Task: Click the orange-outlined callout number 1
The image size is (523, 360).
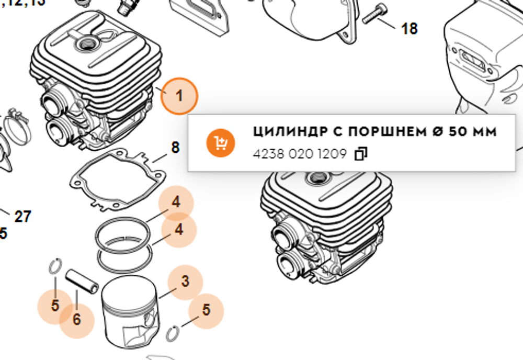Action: (179, 96)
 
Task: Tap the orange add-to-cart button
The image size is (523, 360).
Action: (219, 143)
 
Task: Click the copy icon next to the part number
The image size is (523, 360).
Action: (361, 154)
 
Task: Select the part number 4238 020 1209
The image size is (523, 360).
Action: (299, 154)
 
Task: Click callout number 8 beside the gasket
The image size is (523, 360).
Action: (175, 148)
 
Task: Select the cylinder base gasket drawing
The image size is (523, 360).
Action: (118, 178)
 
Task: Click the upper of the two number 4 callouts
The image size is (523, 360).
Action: (176, 202)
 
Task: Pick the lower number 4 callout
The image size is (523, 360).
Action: (179, 229)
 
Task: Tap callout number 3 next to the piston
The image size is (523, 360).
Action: (185, 282)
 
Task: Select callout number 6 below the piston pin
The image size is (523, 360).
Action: (77, 319)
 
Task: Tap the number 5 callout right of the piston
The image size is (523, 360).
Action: (206, 310)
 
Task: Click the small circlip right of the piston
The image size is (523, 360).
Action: (174, 332)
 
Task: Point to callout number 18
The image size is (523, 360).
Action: (409, 29)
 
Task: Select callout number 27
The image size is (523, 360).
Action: (22, 216)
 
